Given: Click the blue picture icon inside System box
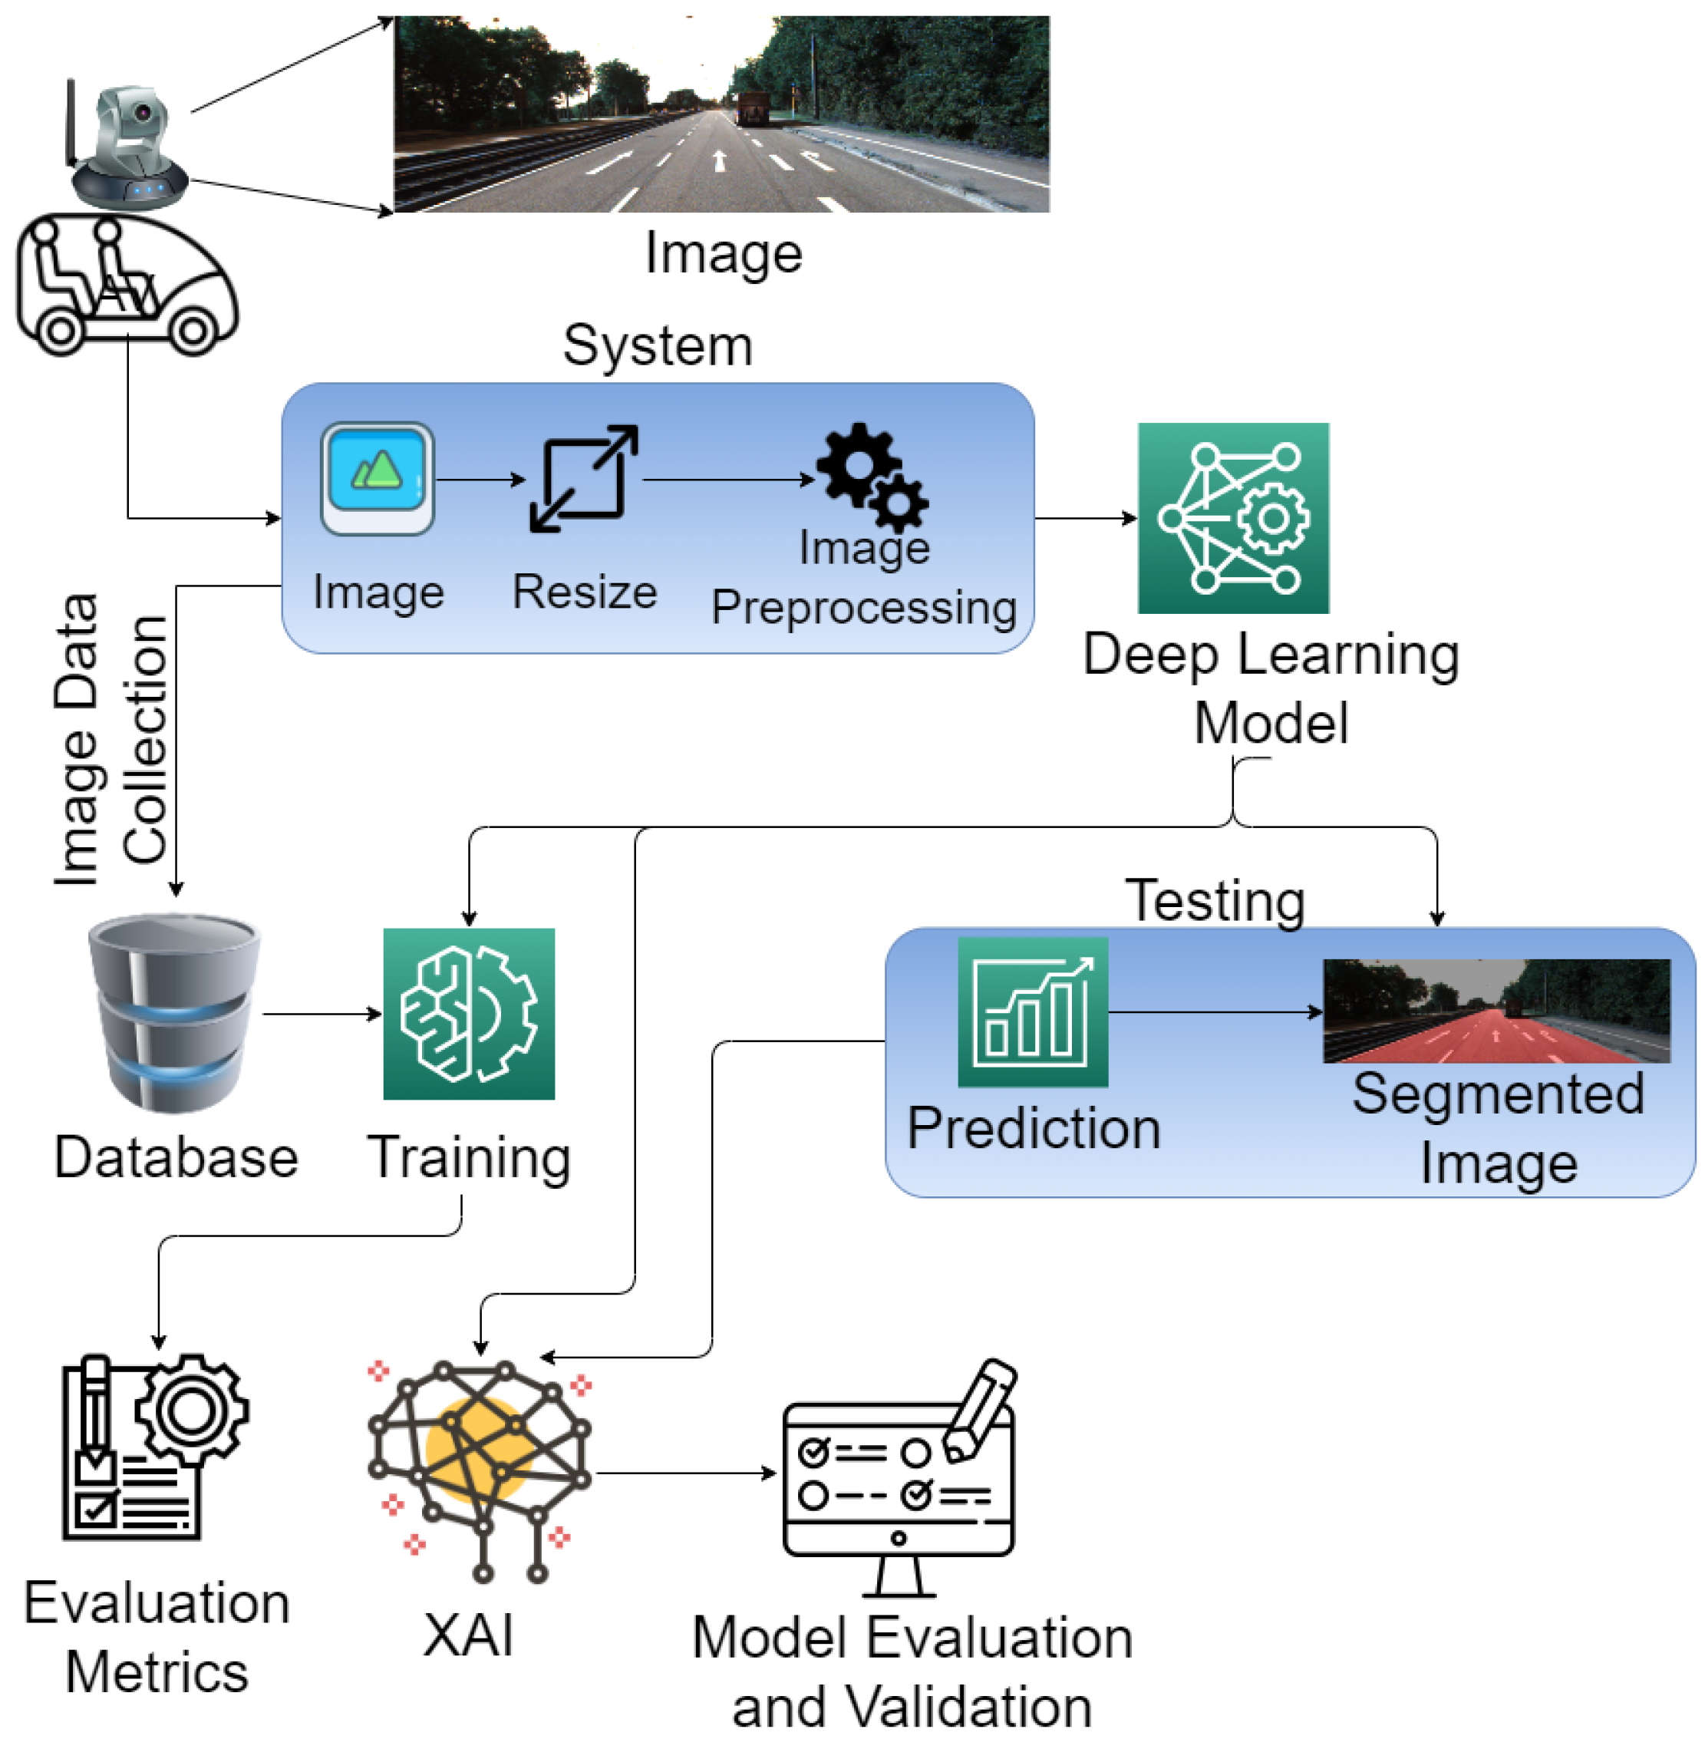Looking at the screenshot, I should (378, 478).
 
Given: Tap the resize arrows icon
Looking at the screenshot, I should (584, 478).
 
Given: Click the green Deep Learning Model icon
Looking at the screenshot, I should (1233, 517).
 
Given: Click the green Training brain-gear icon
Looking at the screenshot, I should (468, 1013).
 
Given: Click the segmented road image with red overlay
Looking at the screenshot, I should (1496, 1010).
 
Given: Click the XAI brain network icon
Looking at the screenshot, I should (481, 1470).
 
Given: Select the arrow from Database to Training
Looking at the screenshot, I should (322, 1014).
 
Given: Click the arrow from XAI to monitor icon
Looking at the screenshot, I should (685, 1473).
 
